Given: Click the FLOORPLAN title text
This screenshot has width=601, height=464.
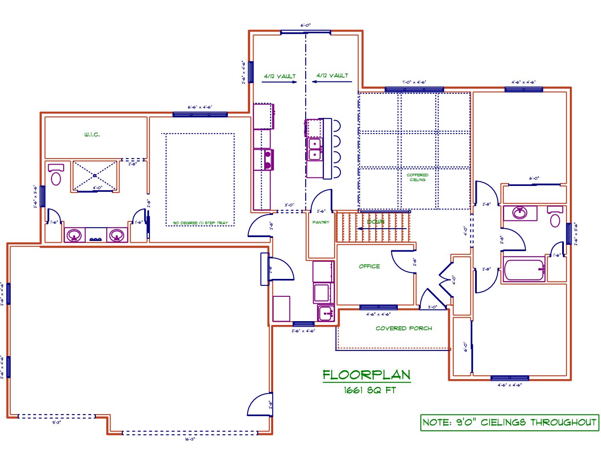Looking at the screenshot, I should (x=366, y=375).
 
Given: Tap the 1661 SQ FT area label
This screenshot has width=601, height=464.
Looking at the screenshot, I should (x=370, y=390).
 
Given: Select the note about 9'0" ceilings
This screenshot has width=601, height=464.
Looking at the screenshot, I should (x=509, y=422).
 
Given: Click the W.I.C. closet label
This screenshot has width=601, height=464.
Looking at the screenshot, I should (x=92, y=135).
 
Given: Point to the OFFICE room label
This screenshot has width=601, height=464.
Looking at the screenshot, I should (x=369, y=267).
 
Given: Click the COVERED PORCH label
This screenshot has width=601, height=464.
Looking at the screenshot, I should (x=403, y=328).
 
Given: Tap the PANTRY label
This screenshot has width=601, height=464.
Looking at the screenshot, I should (x=321, y=223).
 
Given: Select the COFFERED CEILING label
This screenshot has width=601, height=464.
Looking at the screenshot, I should (x=417, y=177).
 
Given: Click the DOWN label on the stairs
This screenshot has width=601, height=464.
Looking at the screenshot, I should (x=376, y=222).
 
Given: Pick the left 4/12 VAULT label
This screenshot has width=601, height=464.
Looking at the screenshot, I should (x=280, y=76).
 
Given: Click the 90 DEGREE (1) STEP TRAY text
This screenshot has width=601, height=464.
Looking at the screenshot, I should (x=200, y=223).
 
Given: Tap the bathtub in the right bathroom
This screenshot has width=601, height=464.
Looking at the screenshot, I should (x=524, y=270).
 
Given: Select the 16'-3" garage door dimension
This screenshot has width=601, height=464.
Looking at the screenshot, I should (x=190, y=439).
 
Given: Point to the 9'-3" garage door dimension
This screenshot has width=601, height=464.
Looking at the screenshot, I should (x=56, y=423).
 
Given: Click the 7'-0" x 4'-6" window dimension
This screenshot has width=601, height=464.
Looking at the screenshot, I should (x=414, y=82).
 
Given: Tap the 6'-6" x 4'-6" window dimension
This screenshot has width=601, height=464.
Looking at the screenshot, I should (x=200, y=107).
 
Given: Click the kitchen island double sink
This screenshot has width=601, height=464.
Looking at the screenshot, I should (x=315, y=149).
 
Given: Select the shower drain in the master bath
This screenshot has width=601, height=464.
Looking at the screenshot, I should (x=95, y=176).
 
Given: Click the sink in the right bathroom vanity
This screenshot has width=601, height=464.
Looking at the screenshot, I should (x=519, y=212).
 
